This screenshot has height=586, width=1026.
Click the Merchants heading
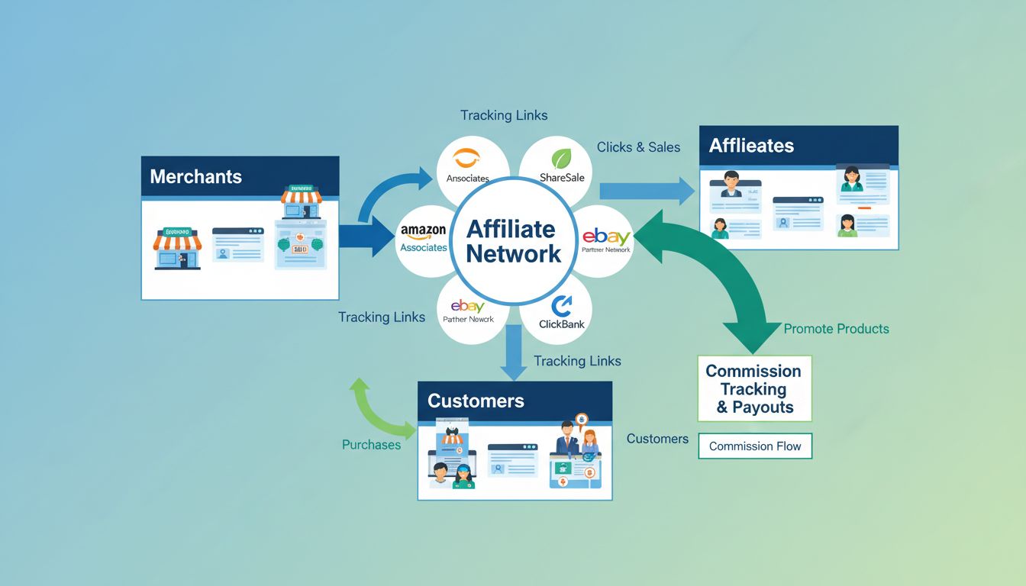coord(195,176)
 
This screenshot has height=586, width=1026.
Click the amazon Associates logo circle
coord(424,239)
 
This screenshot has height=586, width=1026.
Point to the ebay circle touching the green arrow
coord(606,240)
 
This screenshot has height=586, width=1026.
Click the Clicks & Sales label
coord(638,147)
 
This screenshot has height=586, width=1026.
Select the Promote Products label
coord(836,329)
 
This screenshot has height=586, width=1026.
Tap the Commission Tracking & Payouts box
coord(753,388)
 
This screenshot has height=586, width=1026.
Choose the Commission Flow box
coord(754,446)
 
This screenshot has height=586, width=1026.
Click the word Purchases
coord(371,445)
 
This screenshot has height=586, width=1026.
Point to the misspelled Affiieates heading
coord(751,146)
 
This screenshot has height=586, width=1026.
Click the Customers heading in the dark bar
coord(476,401)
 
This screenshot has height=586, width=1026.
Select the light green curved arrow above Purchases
coord(377,405)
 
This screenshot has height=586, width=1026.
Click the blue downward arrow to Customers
coord(513,352)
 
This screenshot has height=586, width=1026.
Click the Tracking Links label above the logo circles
coord(504,115)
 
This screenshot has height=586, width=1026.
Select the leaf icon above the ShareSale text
coord(562,158)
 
